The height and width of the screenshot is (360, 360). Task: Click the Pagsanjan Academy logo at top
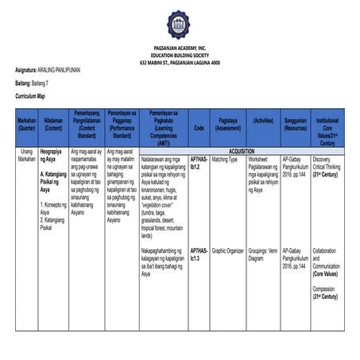tap(179, 25)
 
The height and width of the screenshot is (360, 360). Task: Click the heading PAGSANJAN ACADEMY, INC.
tap(180, 48)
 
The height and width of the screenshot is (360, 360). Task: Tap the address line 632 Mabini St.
tap(180, 62)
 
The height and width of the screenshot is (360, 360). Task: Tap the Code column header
tap(199, 126)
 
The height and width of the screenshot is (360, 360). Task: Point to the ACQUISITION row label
tap(242, 150)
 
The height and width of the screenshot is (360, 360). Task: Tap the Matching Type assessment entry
tap(225, 159)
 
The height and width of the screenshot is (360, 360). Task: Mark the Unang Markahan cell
tap(26, 155)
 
